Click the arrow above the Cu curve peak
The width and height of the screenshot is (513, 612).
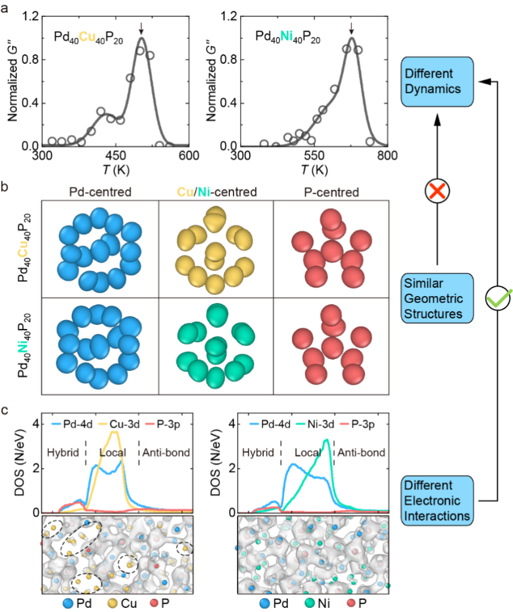tap(141, 28)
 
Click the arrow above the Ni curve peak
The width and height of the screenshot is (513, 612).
tap(351, 28)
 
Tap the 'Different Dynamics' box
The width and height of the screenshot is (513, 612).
tap(436, 81)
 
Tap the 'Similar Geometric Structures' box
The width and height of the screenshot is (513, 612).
tap(436, 298)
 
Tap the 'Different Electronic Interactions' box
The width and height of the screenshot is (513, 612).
tap(436, 501)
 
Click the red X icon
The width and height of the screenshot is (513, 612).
tap(437, 191)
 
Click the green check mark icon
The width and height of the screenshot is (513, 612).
tap(497, 298)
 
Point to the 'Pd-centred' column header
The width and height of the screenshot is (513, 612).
tap(100, 192)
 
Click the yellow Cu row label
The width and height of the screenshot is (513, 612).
tap(23, 250)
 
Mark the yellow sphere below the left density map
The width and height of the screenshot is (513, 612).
tap(112, 602)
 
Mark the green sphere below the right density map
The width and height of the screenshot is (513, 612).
tap(309, 602)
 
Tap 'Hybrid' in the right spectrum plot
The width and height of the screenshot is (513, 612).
tap(258, 453)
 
